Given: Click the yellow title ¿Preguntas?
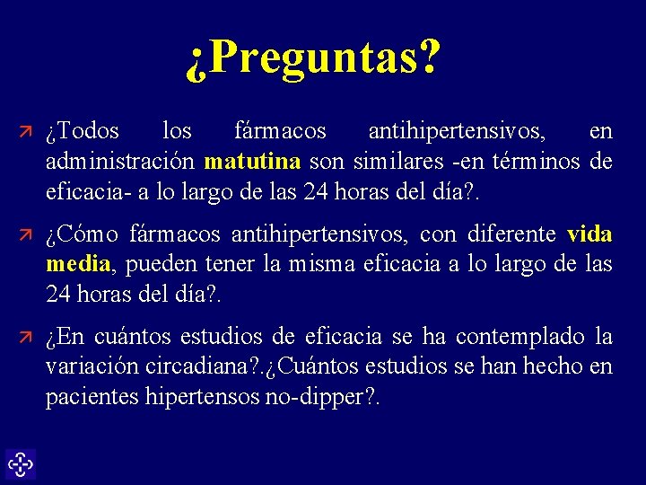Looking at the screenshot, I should (x=314, y=59).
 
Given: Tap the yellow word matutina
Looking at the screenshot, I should (x=252, y=162).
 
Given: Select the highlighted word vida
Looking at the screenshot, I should (x=589, y=234).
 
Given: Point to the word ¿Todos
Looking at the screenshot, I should (x=83, y=131).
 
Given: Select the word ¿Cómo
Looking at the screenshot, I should (x=82, y=234).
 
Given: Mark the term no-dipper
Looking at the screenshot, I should (x=315, y=398).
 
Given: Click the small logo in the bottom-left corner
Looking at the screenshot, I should (x=20, y=464).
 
